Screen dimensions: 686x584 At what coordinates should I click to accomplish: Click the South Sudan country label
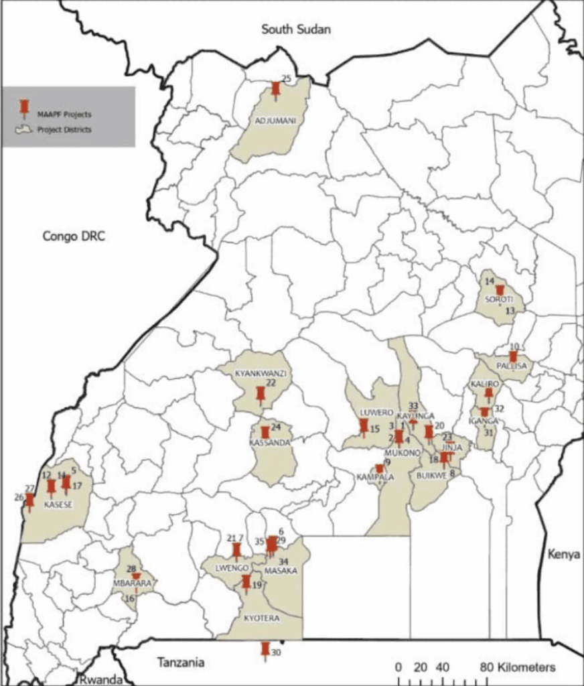click(297, 29)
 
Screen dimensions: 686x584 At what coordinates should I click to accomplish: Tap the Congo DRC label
click(74, 236)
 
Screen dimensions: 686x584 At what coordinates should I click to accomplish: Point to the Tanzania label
click(179, 663)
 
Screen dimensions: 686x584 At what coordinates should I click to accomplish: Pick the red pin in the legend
click(25, 108)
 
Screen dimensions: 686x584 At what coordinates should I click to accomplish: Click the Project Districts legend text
click(64, 130)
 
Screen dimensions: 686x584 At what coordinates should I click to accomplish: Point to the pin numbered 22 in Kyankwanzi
click(261, 395)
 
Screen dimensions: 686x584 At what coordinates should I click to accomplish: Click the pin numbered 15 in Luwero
click(364, 427)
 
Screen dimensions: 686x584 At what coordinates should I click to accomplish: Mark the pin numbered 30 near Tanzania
click(265, 650)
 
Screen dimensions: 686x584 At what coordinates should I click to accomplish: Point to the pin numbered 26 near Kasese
click(29, 501)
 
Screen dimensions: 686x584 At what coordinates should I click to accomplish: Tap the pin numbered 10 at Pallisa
click(513, 356)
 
